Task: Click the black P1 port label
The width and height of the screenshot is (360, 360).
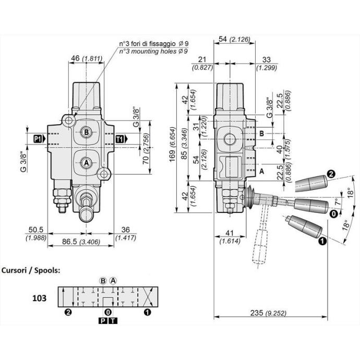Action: [x=38, y=139]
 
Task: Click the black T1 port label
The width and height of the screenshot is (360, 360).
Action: [x=119, y=139]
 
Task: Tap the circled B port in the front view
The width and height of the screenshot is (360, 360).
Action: [x=86, y=132]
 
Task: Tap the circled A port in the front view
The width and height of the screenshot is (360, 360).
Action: [x=86, y=163]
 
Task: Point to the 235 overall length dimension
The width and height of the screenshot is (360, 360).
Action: [x=256, y=313]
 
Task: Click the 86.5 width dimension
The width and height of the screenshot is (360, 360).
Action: [x=69, y=242]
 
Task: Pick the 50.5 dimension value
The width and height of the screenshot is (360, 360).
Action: [x=36, y=230]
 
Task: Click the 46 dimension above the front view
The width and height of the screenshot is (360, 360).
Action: [x=75, y=58]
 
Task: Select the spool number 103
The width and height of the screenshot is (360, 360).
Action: [x=39, y=298]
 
